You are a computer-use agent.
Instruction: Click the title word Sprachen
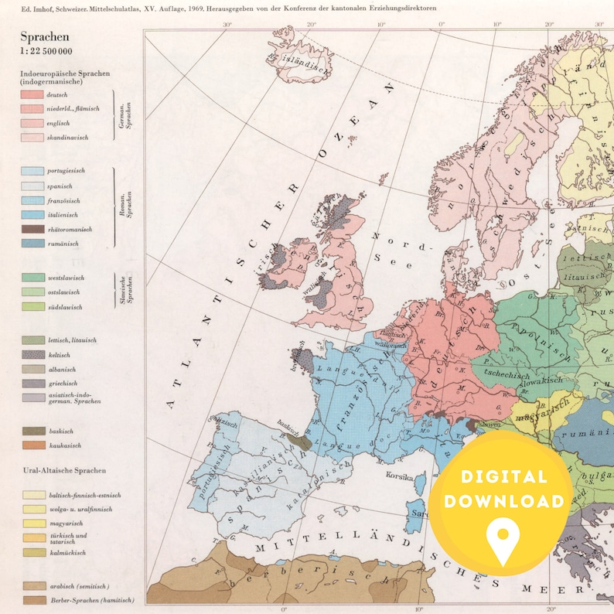[x=44, y=36]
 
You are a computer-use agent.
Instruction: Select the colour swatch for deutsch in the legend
[x=32, y=94]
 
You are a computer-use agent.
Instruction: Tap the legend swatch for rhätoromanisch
[x=32, y=230]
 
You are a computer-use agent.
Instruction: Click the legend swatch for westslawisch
[x=32, y=277]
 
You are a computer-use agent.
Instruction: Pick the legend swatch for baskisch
[x=32, y=431]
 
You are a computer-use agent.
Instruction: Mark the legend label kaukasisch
[x=63, y=445]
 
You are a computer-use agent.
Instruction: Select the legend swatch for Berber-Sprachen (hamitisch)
[x=32, y=600]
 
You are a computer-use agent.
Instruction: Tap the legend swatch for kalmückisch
[x=32, y=553]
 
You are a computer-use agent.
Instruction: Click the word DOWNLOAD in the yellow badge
[x=503, y=501]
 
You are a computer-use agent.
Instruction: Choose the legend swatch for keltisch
[x=32, y=354]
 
